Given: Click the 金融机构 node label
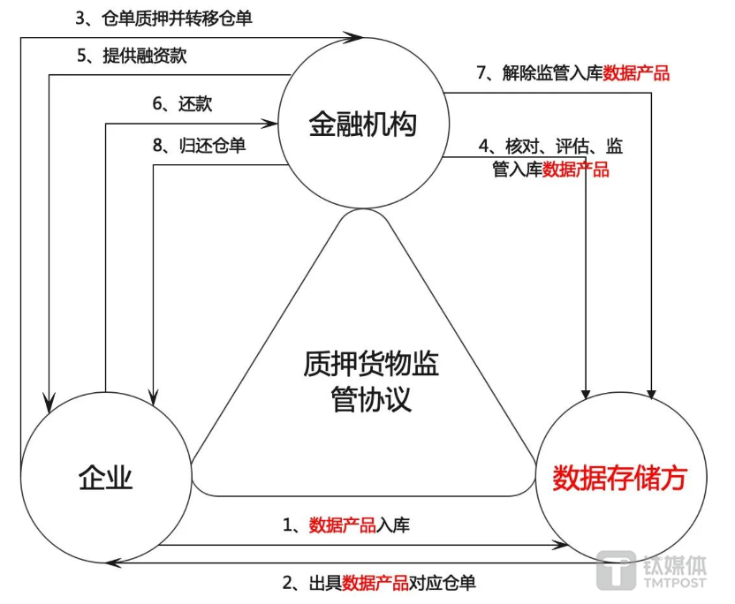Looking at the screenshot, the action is point(362,125).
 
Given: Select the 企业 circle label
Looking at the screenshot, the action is point(105,478).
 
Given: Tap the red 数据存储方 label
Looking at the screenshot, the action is point(619,478).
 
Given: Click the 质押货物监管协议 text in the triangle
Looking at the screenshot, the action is point(371,381).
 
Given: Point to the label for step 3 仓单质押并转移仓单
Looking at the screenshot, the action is point(164,19).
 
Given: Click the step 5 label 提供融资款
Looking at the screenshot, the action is point(132,56).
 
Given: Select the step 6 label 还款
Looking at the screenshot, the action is point(182,103).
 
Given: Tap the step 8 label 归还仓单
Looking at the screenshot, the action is point(200,145).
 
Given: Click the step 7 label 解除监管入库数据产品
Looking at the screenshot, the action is point(572,73).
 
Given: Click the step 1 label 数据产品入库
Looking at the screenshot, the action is point(346,525).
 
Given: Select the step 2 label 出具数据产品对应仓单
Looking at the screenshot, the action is point(379,583).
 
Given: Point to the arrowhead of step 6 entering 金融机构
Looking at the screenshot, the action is point(269,124).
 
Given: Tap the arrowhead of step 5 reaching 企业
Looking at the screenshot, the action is point(49,403).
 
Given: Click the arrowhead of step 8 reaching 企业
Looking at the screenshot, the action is point(154,396).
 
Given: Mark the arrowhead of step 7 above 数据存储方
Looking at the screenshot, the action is point(651,393).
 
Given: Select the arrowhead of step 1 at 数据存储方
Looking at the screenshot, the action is point(560,545).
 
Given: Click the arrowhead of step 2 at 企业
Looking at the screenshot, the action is point(113,562).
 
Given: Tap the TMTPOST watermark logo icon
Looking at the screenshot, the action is point(616,570).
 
